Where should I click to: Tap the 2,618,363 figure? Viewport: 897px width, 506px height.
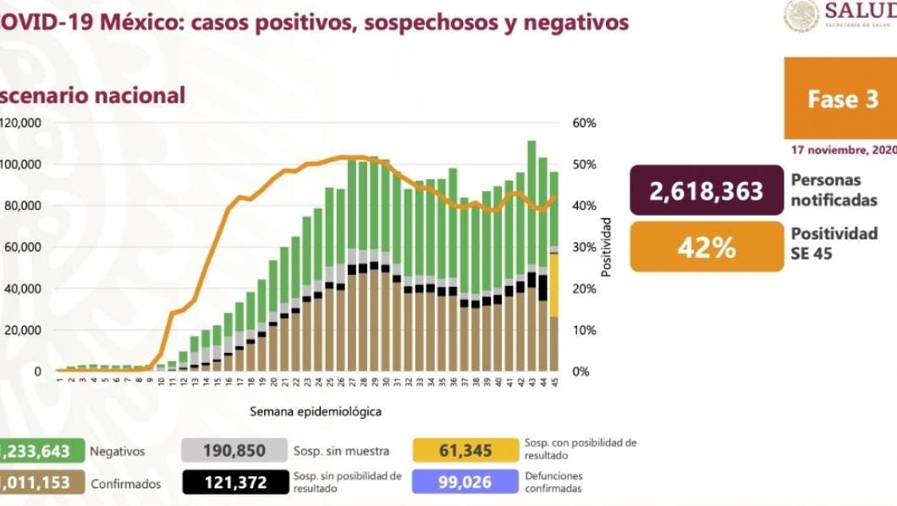[x=706, y=191]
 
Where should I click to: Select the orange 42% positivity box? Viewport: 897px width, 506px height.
[x=706, y=247]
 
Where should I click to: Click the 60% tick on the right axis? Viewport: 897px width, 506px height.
[x=585, y=123]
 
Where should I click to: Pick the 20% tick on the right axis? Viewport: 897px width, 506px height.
[x=585, y=289]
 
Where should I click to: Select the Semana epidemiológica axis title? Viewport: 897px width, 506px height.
[x=315, y=412]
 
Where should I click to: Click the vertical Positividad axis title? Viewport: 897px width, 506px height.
[x=606, y=247]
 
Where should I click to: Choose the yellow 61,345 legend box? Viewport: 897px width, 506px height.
[x=465, y=451]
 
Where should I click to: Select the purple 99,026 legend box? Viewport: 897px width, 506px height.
[x=465, y=482]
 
